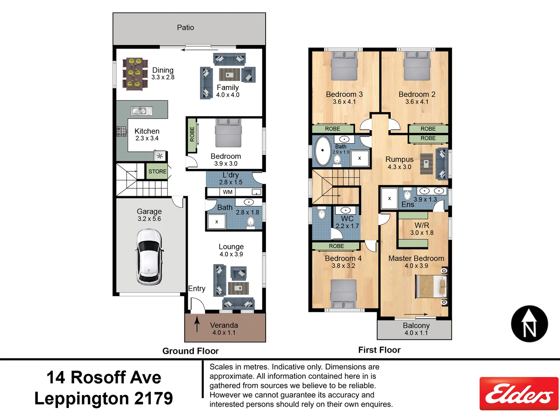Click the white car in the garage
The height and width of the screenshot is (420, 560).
149,257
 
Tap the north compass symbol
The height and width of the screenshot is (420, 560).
529,324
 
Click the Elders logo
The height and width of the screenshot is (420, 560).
519,394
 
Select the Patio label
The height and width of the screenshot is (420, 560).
185,28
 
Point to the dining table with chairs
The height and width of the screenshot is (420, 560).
135,73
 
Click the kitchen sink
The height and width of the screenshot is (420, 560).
141,111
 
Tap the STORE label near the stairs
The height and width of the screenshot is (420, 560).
157,171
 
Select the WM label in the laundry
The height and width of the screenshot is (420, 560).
228,192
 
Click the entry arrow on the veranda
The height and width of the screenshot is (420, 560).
197,324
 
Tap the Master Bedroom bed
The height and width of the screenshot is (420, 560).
431,286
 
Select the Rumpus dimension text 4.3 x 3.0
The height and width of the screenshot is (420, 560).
399,167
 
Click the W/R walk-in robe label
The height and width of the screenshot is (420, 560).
422,226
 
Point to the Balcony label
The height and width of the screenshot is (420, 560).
416,325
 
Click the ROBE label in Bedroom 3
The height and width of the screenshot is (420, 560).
332,129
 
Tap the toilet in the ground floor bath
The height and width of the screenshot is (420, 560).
250,222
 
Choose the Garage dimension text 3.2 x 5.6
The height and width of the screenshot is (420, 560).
149,219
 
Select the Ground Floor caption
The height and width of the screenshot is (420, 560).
191,351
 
